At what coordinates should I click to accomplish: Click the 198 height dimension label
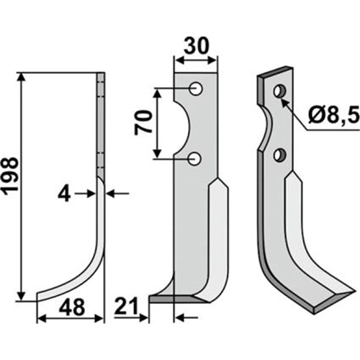tap(10, 174)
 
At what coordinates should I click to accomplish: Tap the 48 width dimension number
tap(72, 307)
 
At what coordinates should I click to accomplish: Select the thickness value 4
tap(64, 195)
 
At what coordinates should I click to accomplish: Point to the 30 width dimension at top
tap(197, 46)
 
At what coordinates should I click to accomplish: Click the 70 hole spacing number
tap(143, 123)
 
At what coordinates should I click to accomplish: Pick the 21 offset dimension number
tap(126, 306)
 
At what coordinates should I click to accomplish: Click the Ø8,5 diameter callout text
tap(334, 115)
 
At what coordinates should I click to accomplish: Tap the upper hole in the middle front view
tap(196, 89)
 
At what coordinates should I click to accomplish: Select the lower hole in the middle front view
tap(194, 158)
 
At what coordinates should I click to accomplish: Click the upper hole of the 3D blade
tap(280, 91)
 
